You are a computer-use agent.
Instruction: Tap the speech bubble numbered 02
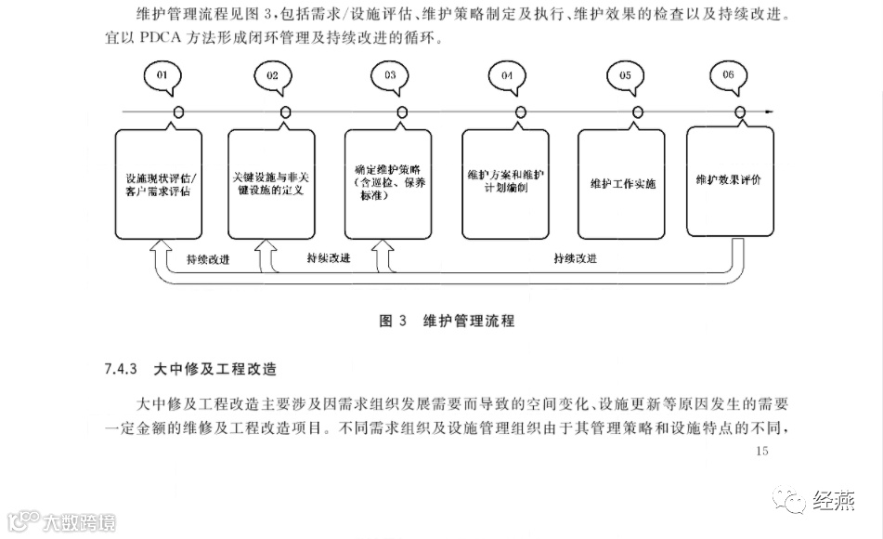pos(272,75)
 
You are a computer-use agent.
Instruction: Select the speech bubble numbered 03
pos(389,75)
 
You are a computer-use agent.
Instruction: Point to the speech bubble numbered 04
pos(507,75)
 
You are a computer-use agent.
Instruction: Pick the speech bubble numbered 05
pos(625,75)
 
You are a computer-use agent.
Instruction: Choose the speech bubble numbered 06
pos(727,75)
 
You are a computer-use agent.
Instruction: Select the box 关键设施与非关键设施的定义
pos(272,183)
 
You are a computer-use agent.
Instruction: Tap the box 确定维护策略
pos(388,183)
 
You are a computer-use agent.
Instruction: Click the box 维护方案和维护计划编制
pos(506,183)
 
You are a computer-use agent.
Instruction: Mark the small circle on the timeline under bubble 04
pos(521,112)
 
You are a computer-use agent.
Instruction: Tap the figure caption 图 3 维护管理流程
pos(447,322)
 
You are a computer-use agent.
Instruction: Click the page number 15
pos(763,452)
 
